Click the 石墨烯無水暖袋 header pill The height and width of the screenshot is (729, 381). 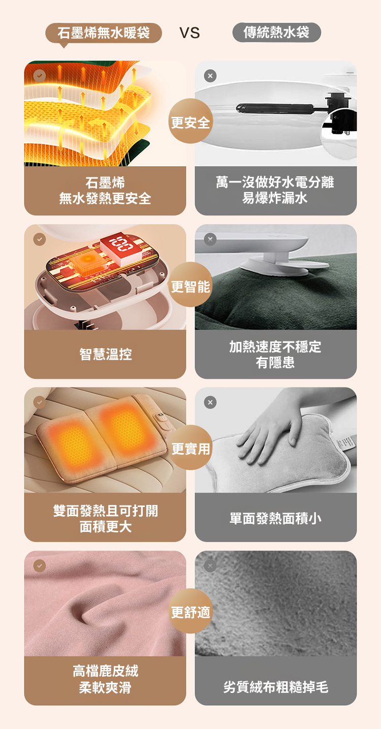click(x=104, y=33)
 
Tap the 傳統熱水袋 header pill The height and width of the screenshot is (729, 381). click(x=276, y=32)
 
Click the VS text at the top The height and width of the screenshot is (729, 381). click(x=189, y=33)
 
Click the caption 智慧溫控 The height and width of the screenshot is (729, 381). click(x=106, y=354)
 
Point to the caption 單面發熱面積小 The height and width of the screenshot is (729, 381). click(x=275, y=518)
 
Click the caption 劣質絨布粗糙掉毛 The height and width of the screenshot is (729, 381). click(x=275, y=687)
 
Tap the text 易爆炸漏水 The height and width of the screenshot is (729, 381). click(x=275, y=198)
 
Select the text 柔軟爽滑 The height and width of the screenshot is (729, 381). click(x=105, y=687)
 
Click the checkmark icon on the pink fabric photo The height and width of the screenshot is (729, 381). click(x=39, y=565)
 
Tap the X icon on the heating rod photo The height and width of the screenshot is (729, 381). click(x=210, y=76)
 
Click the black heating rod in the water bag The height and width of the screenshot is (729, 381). click(x=275, y=108)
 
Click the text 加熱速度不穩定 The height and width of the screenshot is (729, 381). click(x=275, y=347)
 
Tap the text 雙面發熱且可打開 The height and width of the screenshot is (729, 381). click(x=106, y=511)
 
